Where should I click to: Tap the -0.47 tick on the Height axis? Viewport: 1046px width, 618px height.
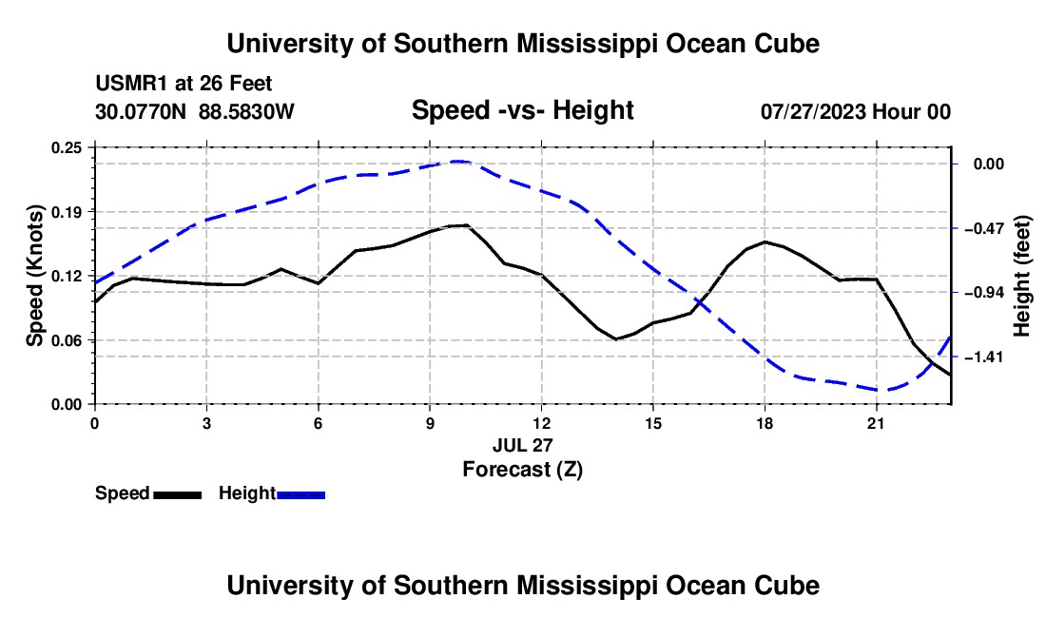coord(983,229)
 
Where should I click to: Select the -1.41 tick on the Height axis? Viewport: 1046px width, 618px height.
coord(983,357)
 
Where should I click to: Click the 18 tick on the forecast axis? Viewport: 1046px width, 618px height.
coord(765,423)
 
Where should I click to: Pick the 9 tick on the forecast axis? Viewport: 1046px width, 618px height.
coord(430,423)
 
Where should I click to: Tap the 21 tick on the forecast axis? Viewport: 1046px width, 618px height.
coord(876,423)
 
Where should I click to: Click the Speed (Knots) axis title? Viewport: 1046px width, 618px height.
coord(34,276)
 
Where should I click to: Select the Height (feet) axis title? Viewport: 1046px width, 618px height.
coord(1021,276)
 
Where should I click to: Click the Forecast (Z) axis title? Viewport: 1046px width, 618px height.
coord(523,470)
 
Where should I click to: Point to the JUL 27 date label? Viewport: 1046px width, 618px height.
coord(523,445)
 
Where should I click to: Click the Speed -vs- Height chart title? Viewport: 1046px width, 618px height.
coord(522,110)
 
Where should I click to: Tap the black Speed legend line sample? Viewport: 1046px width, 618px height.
coord(178,494)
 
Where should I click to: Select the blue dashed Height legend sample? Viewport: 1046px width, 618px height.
coord(300,494)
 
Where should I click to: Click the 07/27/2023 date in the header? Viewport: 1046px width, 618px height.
coord(813,111)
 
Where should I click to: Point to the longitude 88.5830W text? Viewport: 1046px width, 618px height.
coord(246,111)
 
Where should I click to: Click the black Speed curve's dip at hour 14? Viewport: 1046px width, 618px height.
coord(617,338)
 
